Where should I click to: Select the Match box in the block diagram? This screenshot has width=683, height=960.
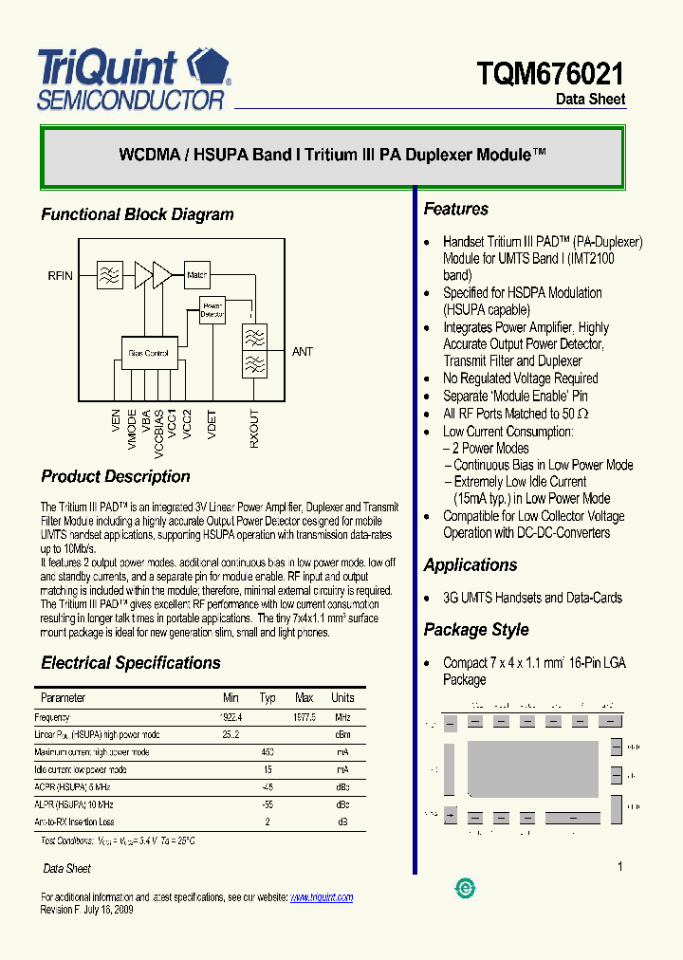click(196, 275)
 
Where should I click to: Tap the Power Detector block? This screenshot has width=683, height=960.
click(212, 309)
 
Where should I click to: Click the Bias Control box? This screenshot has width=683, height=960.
click(148, 353)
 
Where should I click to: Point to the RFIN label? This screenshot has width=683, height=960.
click(60, 276)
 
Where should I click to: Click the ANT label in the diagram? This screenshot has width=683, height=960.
click(302, 352)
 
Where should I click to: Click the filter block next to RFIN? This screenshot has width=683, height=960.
click(110, 275)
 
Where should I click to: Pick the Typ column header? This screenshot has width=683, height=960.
click(268, 698)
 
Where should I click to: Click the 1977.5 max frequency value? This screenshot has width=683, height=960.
click(304, 718)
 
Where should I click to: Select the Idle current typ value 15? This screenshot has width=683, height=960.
click(268, 770)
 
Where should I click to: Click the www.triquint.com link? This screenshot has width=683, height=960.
click(321, 897)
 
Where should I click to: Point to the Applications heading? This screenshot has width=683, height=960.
click(471, 565)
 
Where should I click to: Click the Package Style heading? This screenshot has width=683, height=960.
click(476, 630)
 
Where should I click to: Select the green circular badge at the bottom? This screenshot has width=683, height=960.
click(466, 888)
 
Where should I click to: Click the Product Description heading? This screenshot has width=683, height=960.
click(116, 477)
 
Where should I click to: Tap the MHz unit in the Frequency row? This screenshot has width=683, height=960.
click(342, 718)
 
